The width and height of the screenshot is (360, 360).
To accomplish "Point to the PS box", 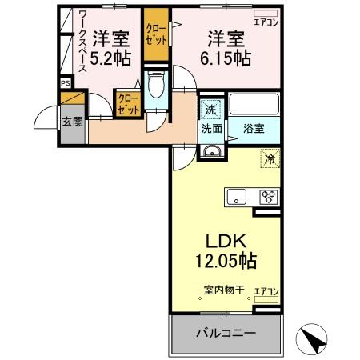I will click(x=65, y=81).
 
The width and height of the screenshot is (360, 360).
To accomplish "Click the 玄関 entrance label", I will click(x=70, y=122).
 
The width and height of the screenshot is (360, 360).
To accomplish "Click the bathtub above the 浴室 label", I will click(x=253, y=104).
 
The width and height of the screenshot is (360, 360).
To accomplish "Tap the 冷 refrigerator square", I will click(x=270, y=158).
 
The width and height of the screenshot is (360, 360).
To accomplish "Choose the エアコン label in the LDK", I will click(x=266, y=291).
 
